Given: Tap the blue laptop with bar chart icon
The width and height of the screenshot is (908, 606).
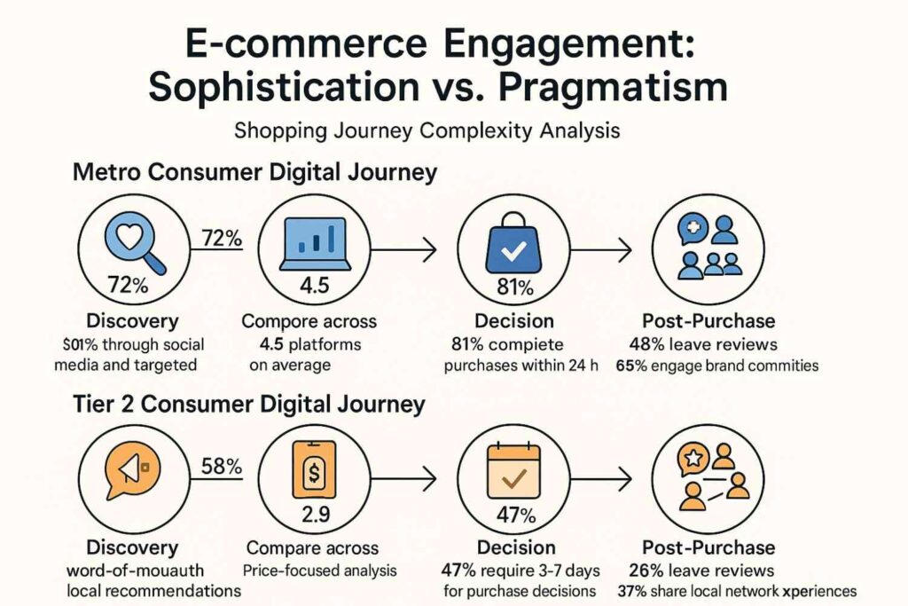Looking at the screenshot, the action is (x=315, y=244).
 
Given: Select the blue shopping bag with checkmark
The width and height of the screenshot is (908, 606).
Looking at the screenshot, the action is (x=513, y=242).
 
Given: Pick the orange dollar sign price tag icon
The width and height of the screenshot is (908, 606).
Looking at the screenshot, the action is (x=314, y=470).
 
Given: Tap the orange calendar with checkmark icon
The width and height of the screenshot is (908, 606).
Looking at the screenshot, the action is (x=513, y=471).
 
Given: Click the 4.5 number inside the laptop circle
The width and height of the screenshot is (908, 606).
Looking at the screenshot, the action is (x=315, y=286).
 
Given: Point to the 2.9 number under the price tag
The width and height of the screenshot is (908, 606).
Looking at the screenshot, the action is (x=316, y=514).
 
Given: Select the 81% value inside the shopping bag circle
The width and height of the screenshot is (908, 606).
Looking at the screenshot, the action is (x=515, y=287).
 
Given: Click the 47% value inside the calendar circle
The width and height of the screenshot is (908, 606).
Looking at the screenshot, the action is (x=516, y=515).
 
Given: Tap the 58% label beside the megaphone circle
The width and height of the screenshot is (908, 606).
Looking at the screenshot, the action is (x=222, y=466).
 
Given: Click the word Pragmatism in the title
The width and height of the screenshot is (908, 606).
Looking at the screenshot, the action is (x=613, y=87).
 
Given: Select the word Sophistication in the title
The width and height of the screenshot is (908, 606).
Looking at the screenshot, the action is (x=285, y=87).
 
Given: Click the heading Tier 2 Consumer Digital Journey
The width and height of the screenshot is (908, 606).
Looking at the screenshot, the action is (x=249, y=405).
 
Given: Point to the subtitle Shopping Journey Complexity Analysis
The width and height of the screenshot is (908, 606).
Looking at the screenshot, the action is (x=427, y=130).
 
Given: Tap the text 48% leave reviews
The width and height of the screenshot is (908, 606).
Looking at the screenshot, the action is (x=703, y=344).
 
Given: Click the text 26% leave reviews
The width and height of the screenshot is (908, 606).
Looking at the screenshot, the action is (x=701, y=571).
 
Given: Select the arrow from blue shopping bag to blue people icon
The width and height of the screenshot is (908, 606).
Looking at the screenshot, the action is (x=600, y=250).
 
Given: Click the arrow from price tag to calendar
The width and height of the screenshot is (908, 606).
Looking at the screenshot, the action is (x=403, y=478).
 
